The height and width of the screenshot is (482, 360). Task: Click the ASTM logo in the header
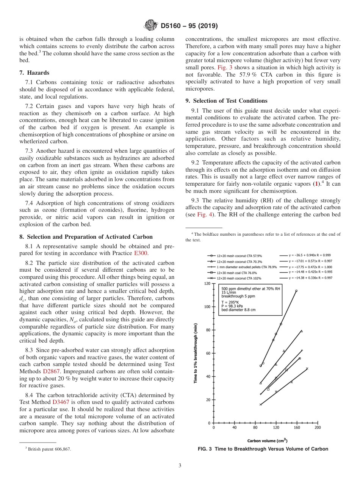pyautogui.click(x=151, y=26)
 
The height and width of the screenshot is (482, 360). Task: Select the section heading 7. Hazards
pyautogui.click(x=34, y=72)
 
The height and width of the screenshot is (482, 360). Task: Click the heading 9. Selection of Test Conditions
pyautogui.click(x=226, y=101)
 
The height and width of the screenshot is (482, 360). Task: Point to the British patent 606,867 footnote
pyautogui.click(x=48, y=449)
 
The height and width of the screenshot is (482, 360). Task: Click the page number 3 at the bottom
pyautogui.click(x=180, y=466)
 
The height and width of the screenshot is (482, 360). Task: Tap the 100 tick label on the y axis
pyautogui.click(x=207, y=307)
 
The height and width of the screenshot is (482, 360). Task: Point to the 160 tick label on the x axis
pyautogui.click(x=297, y=427)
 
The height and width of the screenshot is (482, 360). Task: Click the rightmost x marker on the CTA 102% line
pyautogui.click(x=307, y=368)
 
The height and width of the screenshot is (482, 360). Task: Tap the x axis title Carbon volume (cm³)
pyautogui.click(x=267, y=440)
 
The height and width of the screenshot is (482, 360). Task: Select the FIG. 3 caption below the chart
pyautogui.click(x=263, y=449)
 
